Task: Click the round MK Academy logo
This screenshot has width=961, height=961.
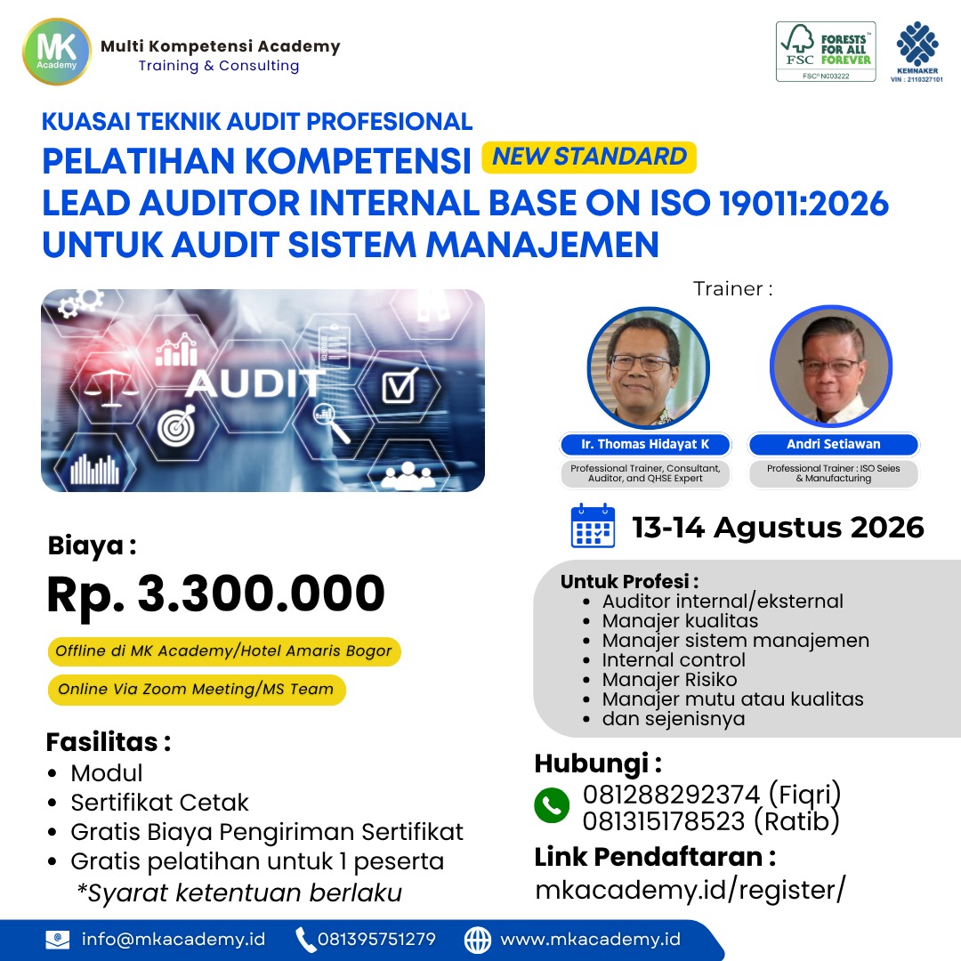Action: coord(56,52)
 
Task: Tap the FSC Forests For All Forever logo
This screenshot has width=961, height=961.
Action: coord(826,52)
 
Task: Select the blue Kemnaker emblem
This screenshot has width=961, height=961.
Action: coord(917,44)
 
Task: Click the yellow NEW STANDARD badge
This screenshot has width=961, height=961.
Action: coord(589,157)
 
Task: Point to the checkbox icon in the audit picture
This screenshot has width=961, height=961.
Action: coord(399,386)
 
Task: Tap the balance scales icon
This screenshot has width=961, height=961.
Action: coord(110,388)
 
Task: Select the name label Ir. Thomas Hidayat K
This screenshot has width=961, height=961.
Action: coord(645,444)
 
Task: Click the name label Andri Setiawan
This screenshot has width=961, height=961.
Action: coord(834,444)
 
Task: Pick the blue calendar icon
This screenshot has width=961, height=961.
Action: coord(593,526)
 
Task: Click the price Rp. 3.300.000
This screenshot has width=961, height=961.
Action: coord(215,594)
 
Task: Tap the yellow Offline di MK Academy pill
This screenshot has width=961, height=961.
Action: coord(224,650)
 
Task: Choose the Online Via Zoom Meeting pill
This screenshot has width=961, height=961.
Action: coord(197,690)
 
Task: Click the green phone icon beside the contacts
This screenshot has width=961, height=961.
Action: coord(552,804)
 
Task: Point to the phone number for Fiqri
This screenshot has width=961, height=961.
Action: coord(671,795)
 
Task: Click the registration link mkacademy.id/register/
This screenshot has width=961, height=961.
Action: coord(690,890)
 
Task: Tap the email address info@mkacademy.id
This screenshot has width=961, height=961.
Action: coord(174,940)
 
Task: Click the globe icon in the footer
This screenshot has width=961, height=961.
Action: coord(478,940)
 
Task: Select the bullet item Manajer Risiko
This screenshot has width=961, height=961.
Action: coord(669,680)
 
